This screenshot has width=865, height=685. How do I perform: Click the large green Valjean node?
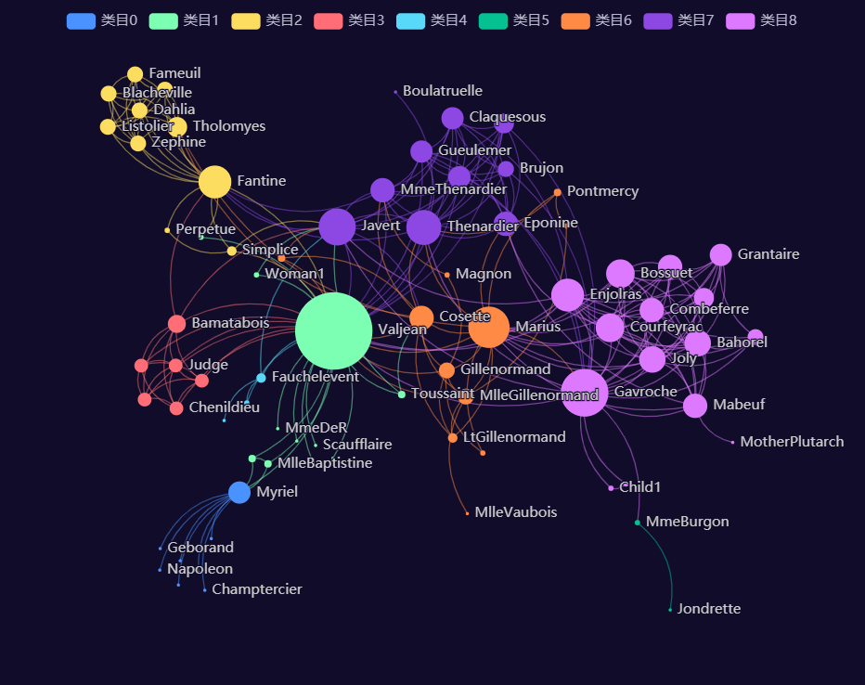(333, 330)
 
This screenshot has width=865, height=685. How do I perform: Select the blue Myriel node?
(239, 492)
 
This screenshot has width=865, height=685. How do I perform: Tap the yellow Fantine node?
(214, 182)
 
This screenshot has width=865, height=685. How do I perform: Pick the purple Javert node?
(337, 226)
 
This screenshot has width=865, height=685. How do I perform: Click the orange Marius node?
(488, 327)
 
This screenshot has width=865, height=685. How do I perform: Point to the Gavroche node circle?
(585, 392)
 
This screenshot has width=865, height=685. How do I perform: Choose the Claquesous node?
(452, 118)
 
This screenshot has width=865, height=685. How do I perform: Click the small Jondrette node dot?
(670, 610)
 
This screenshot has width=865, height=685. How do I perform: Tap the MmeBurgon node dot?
(638, 523)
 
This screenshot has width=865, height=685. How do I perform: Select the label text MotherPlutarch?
(792, 442)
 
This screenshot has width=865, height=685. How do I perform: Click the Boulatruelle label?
(443, 91)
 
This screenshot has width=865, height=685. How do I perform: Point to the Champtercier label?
(256, 589)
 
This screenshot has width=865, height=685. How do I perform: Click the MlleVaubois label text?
(515, 512)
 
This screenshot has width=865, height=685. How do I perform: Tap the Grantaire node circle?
(720, 254)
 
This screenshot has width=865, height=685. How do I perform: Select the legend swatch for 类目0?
(81, 20)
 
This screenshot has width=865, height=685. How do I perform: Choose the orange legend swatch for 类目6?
(575, 20)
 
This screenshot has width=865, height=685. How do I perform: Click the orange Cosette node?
(421, 317)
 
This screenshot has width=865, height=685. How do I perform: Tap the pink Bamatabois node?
(176, 324)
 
